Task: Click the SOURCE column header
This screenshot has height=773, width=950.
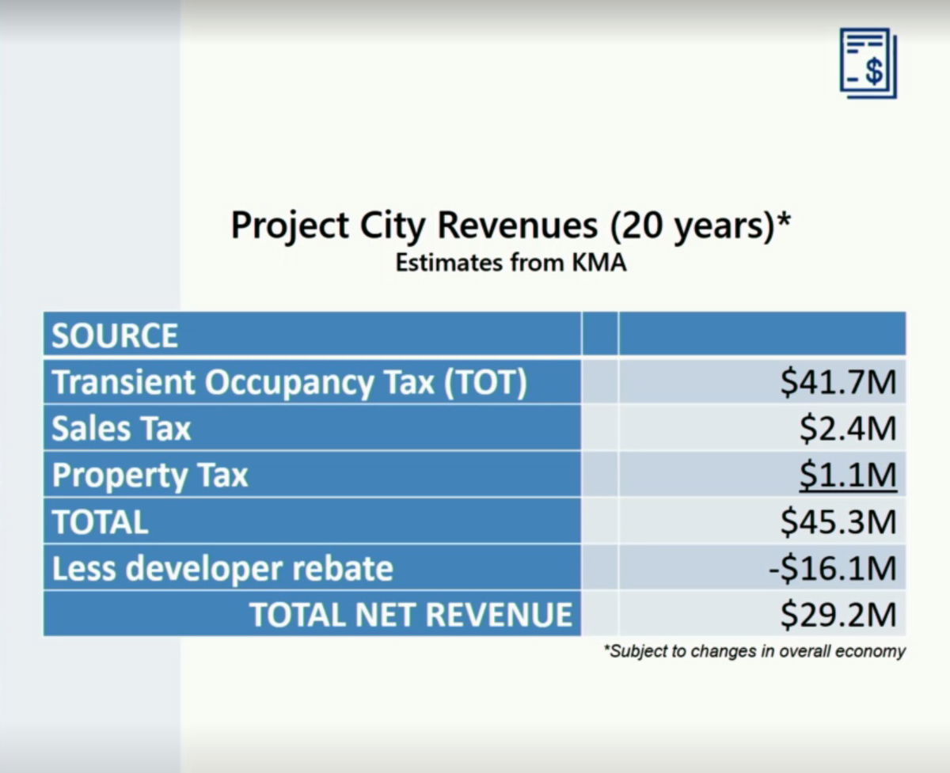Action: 115,335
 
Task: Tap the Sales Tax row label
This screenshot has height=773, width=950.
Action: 121,428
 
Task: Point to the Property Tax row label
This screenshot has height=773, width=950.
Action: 150,476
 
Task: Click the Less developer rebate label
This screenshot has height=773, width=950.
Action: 222,568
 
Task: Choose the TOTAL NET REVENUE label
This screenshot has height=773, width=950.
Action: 411,615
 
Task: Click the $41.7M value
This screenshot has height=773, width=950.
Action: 838,382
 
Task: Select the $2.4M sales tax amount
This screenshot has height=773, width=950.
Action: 848,428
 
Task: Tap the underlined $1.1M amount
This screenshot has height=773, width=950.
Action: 848,476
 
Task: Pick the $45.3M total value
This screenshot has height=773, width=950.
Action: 838,521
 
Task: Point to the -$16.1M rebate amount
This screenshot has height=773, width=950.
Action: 833,568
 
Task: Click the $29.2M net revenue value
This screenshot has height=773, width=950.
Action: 838,615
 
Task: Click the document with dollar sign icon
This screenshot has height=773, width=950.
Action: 868,63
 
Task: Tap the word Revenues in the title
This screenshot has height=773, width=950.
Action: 518,225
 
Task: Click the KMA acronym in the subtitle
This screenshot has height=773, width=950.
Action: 599,263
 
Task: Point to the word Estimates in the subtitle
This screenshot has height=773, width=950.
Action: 450,263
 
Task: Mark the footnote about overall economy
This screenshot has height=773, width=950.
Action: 754,651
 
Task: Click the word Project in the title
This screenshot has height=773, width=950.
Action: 290,227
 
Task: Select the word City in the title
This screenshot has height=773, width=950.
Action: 393,227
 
